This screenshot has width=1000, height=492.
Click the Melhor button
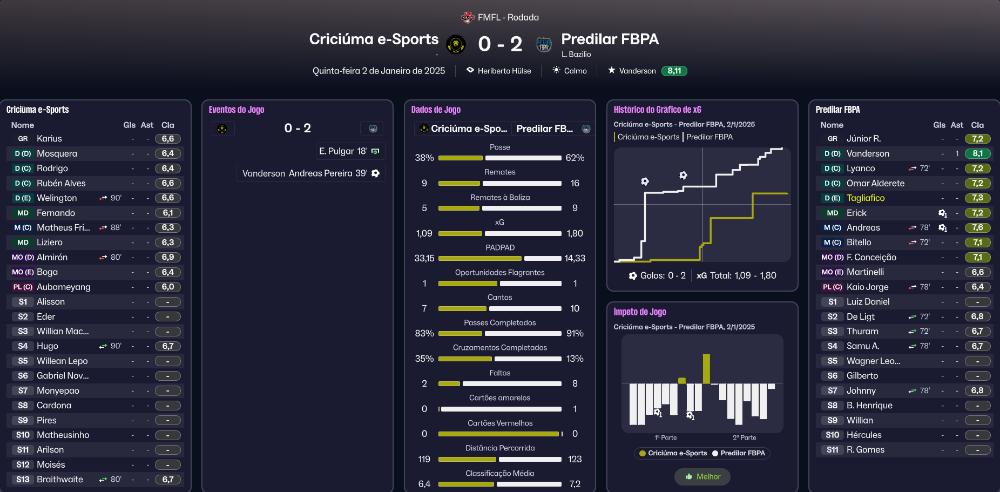702,476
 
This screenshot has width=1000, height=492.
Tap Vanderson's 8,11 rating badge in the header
674,71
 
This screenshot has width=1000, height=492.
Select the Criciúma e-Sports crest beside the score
456,44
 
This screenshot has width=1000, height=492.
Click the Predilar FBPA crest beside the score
544,44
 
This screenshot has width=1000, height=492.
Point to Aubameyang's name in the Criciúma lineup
63,287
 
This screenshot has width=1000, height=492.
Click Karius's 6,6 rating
168,139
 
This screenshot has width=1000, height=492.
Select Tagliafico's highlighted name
865,198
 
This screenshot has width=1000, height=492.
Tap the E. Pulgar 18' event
349,151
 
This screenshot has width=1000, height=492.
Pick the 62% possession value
575,158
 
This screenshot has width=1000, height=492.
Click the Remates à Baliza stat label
499,197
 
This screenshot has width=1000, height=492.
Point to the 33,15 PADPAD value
424,258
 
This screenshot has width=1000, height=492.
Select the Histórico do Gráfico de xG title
657,110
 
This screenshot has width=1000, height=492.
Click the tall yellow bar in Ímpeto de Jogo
706,368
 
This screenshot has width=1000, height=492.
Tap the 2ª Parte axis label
744,437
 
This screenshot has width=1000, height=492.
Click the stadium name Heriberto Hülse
504,71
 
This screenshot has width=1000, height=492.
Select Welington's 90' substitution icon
103,198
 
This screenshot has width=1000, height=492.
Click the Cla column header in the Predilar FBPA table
977,125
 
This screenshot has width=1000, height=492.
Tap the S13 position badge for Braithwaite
23,480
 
